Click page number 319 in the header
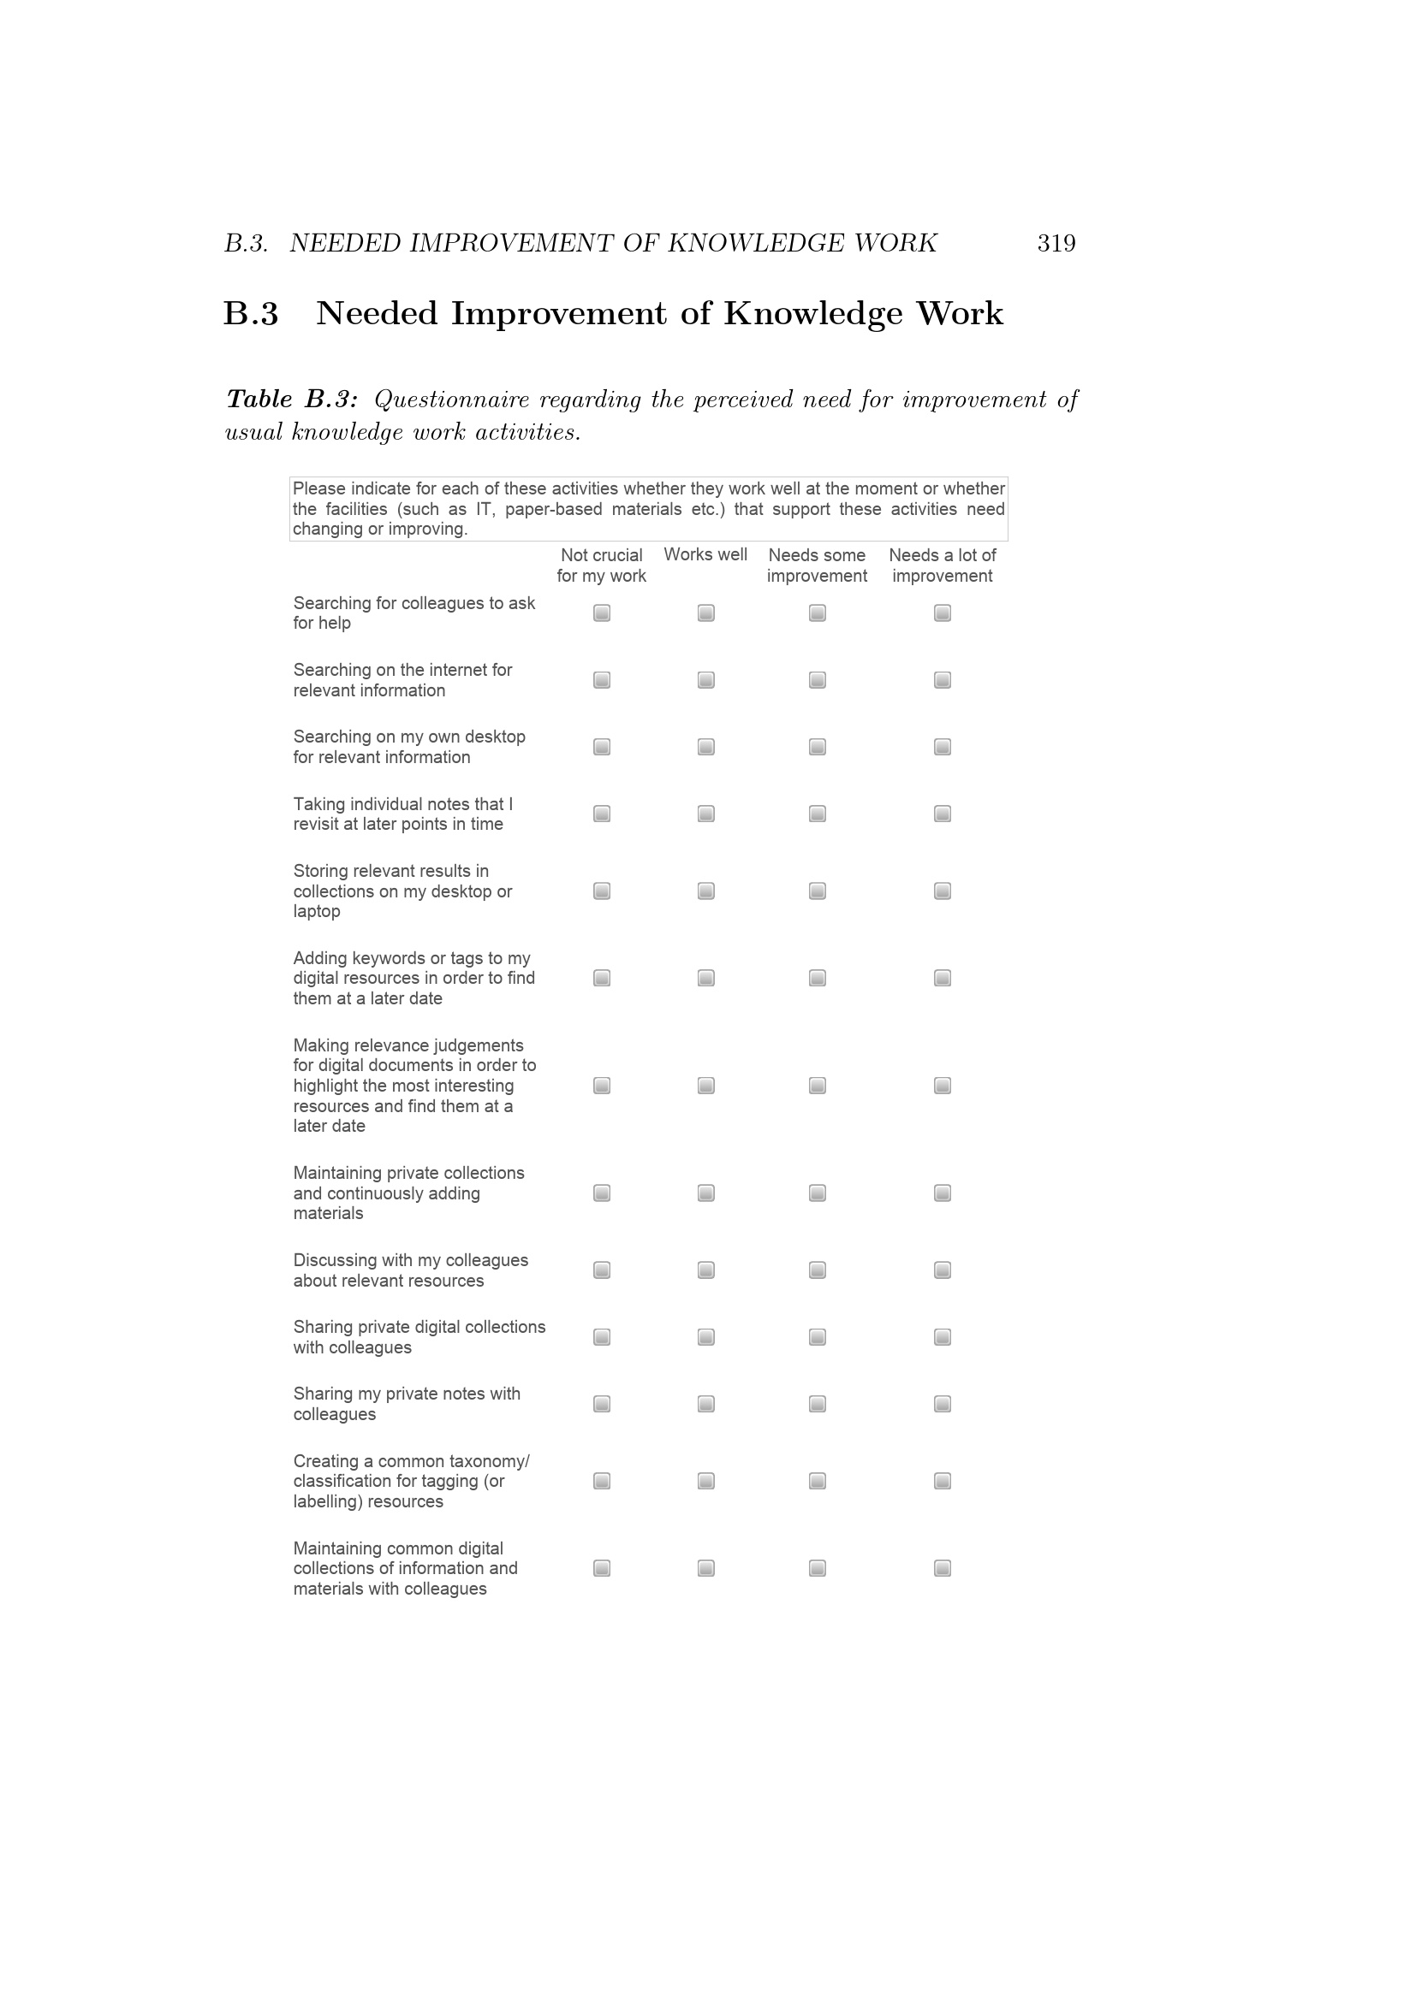click(1056, 243)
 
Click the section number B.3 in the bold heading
click(251, 314)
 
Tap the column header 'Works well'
click(705, 554)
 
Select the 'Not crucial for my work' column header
click(602, 565)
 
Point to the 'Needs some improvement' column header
click(817, 565)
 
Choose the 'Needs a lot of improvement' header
click(942, 565)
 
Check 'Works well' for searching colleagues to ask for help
click(706, 613)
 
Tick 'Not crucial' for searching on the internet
click(602, 680)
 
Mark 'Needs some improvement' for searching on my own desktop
click(817, 747)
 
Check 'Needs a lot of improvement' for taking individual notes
click(943, 814)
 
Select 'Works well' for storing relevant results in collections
click(706, 891)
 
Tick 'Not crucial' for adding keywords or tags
click(602, 978)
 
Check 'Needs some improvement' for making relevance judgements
click(817, 1085)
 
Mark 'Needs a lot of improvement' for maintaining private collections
click(943, 1193)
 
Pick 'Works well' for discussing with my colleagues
click(706, 1270)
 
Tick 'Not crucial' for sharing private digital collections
click(602, 1337)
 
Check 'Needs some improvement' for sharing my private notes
click(817, 1404)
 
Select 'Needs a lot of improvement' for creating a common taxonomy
click(943, 1481)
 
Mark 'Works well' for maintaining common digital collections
click(706, 1568)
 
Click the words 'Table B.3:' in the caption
click(292, 400)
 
